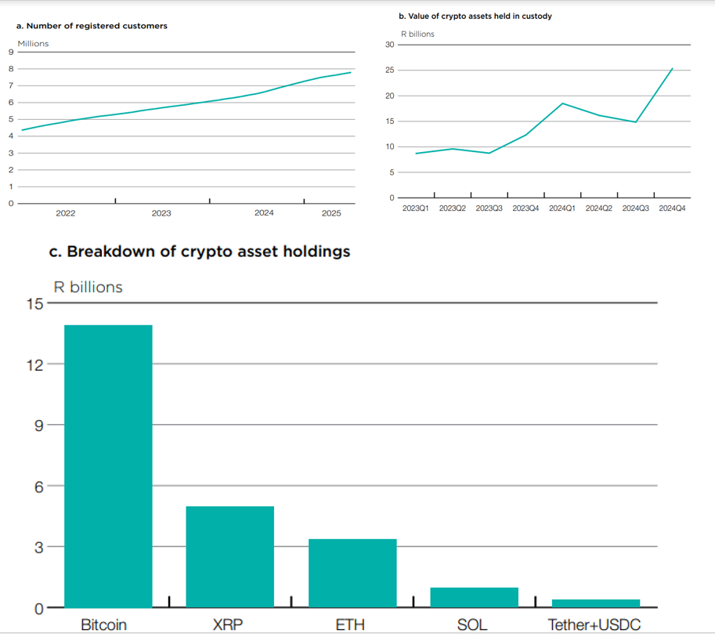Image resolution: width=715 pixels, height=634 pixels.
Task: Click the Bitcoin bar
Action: tap(108, 466)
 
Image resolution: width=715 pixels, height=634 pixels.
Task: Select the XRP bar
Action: tap(229, 556)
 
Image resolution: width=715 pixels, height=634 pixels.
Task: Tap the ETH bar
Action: tap(352, 573)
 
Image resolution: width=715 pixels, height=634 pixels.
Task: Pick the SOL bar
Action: tap(474, 597)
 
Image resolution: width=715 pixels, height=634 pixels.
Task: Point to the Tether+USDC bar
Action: tap(595, 603)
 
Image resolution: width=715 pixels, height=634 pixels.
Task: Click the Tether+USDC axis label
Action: tap(594, 625)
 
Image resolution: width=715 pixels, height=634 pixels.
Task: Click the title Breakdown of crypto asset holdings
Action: tap(200, 252)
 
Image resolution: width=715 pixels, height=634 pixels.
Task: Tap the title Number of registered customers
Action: tap(92, 26)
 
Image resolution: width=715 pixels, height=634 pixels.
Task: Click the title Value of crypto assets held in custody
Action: tap(475, 16)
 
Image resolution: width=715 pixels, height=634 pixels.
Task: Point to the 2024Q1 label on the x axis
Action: tap(562, 209)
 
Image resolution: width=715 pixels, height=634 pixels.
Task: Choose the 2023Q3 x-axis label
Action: tap(489, 209)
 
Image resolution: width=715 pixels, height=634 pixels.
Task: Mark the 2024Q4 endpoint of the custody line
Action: tap(673, 68)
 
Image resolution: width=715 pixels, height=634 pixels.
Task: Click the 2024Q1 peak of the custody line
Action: tap(562, 103)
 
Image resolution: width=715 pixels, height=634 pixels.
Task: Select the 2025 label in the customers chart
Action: tap(331, 213)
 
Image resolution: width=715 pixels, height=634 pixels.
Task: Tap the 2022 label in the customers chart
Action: tap(66, 213)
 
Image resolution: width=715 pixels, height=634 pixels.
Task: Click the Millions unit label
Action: tap(33, 43)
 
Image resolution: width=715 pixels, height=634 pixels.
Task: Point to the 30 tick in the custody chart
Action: tap(389, 45)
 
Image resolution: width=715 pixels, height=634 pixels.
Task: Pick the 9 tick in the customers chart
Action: tap(10, 52)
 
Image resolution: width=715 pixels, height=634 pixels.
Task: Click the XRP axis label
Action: tap(228, 625)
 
